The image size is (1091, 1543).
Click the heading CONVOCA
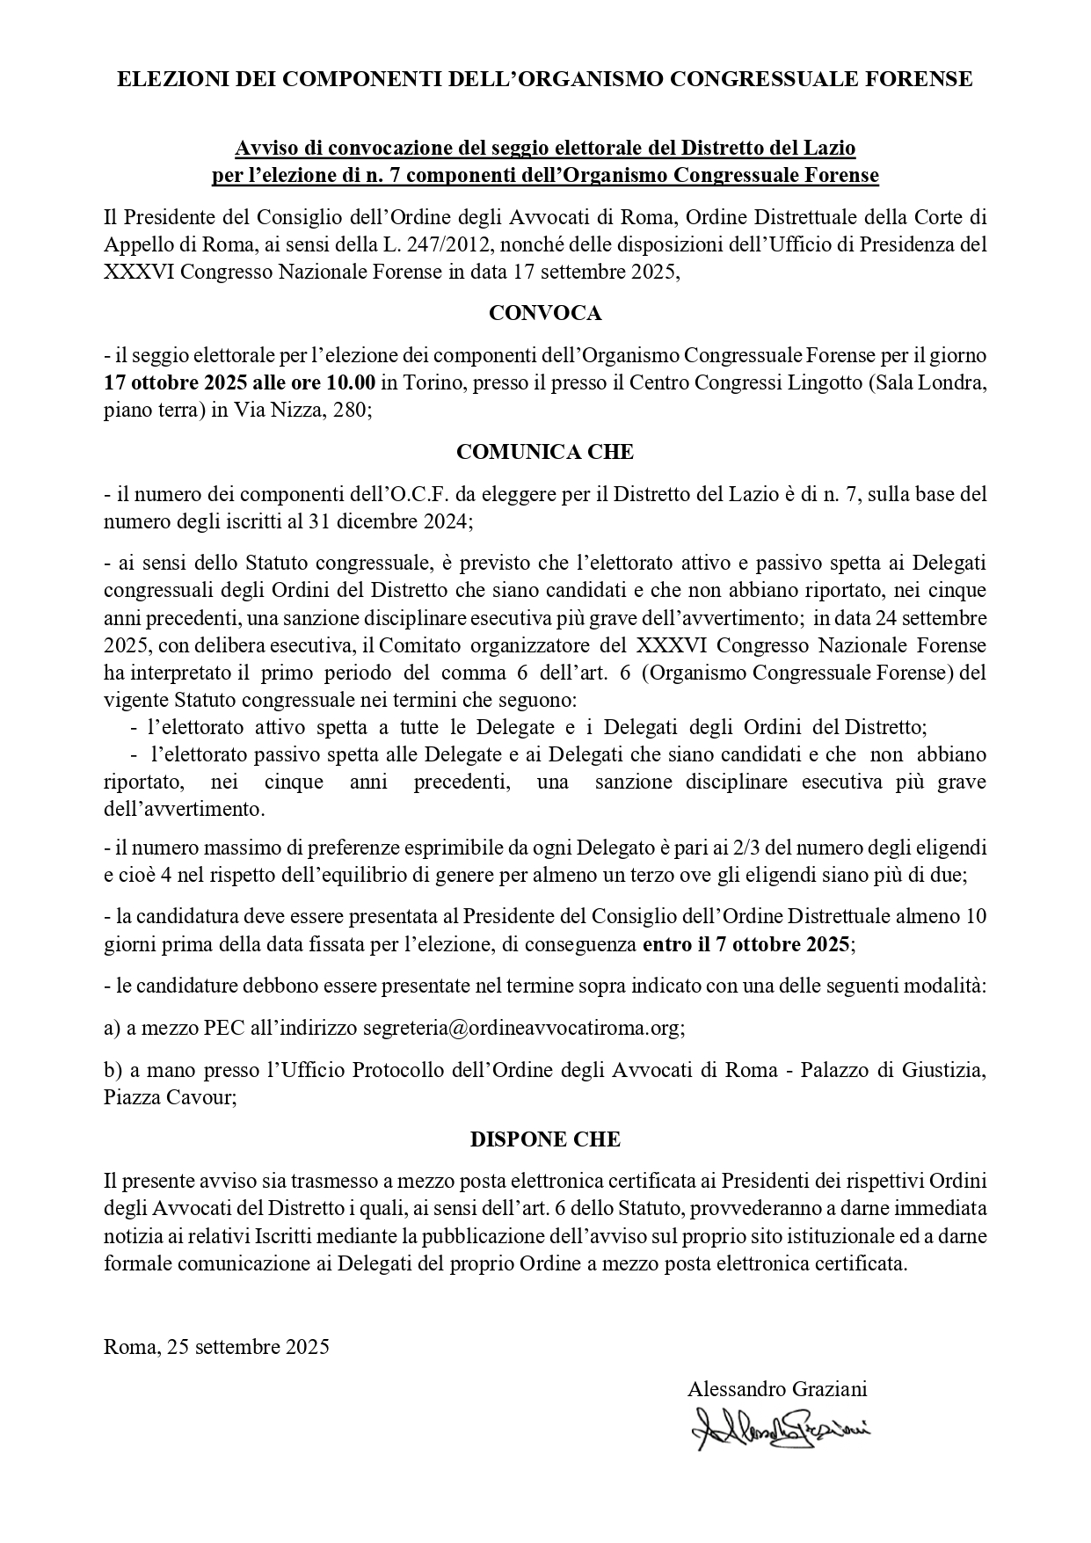545,314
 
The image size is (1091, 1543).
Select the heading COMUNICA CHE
545,452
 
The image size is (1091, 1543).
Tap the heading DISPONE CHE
545,1139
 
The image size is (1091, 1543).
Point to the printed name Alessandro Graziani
777,1389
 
